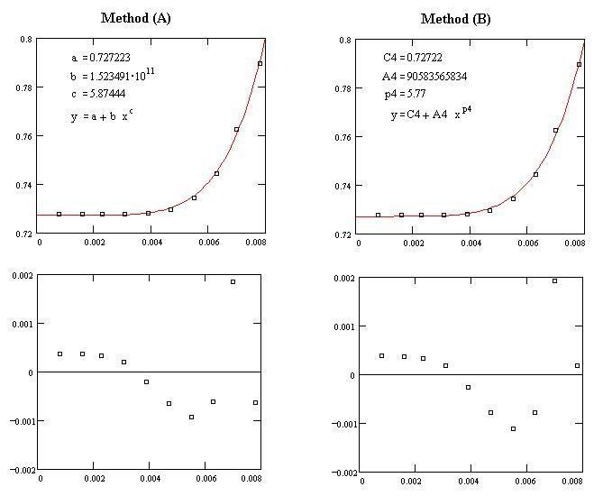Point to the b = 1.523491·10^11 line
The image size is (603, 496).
[105, 76]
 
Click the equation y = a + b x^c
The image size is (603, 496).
[102, 116]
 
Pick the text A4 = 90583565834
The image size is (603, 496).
[425, 77]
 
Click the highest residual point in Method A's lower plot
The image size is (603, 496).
[233, 281]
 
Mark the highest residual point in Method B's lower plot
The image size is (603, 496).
[554, 280]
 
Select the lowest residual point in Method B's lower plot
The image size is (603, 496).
[513, 428]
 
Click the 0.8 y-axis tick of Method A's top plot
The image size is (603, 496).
[27, 40]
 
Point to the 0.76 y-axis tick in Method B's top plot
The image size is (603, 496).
[343, 137]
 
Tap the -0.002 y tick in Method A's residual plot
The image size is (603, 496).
[22, 470]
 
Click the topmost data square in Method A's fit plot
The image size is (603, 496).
[260, 63]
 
